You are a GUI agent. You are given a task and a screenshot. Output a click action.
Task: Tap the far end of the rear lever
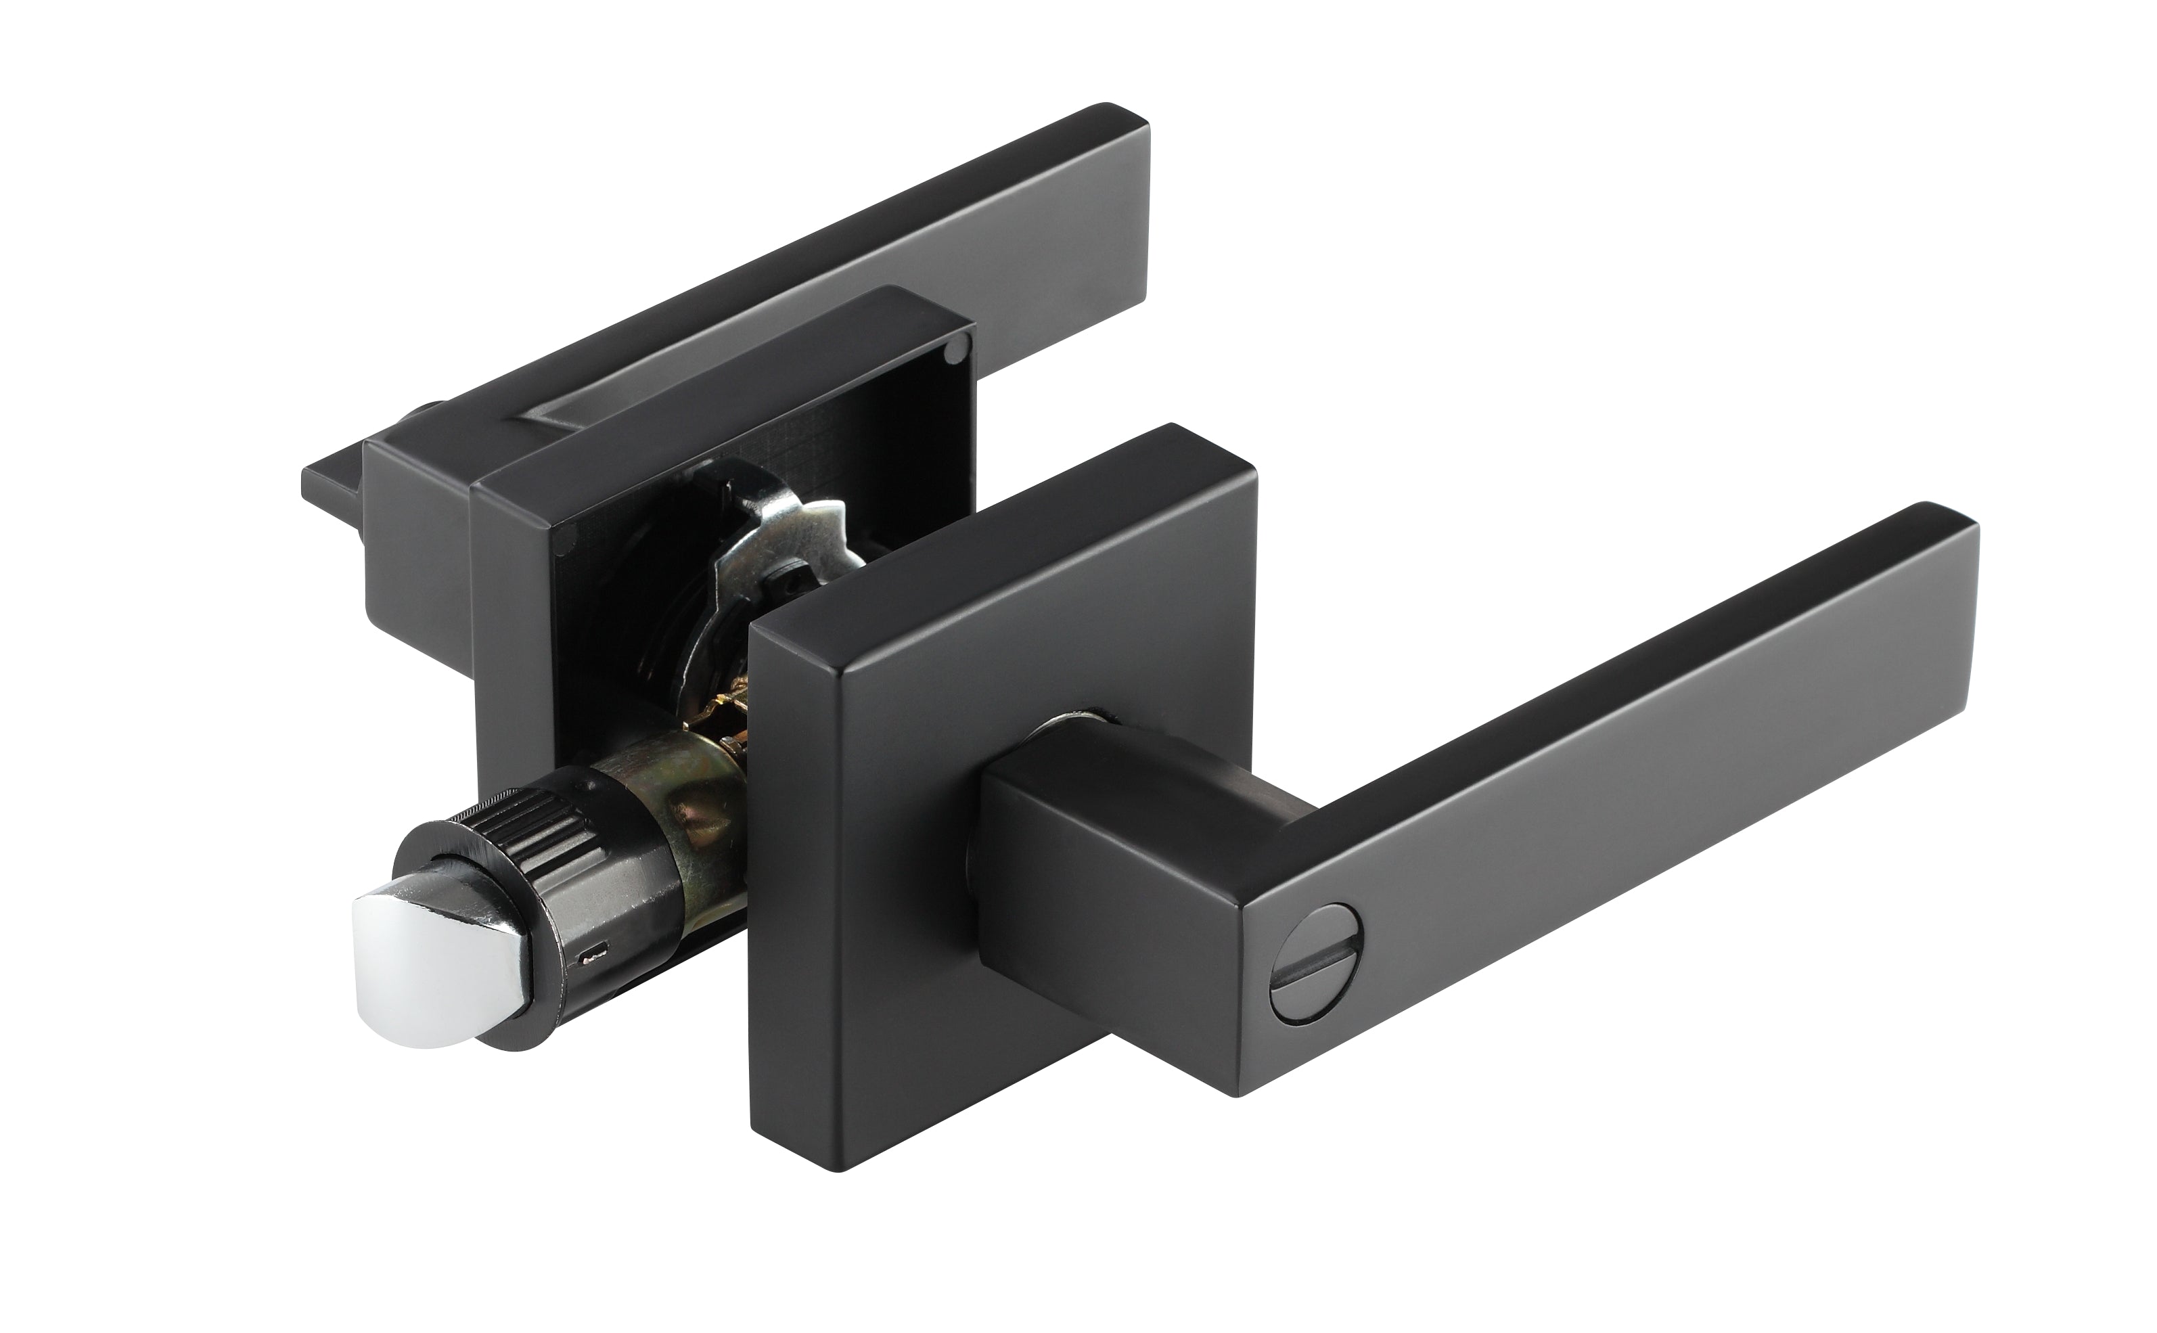[1133, 212]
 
